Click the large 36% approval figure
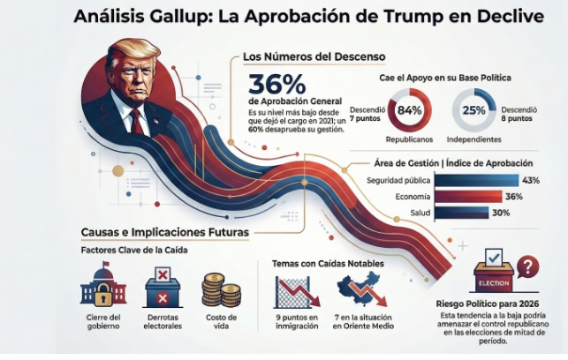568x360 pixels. pos(278,86)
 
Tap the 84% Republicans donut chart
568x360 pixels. pos(409,110)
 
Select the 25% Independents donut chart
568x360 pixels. pos(473,110)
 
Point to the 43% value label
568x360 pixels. pos(531,180)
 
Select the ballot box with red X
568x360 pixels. pos(163,289)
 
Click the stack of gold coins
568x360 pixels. pos(221,289)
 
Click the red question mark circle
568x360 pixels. pos(526,266)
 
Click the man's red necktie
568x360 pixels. pos(136,118)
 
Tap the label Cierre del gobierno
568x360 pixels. pos(102,321)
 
